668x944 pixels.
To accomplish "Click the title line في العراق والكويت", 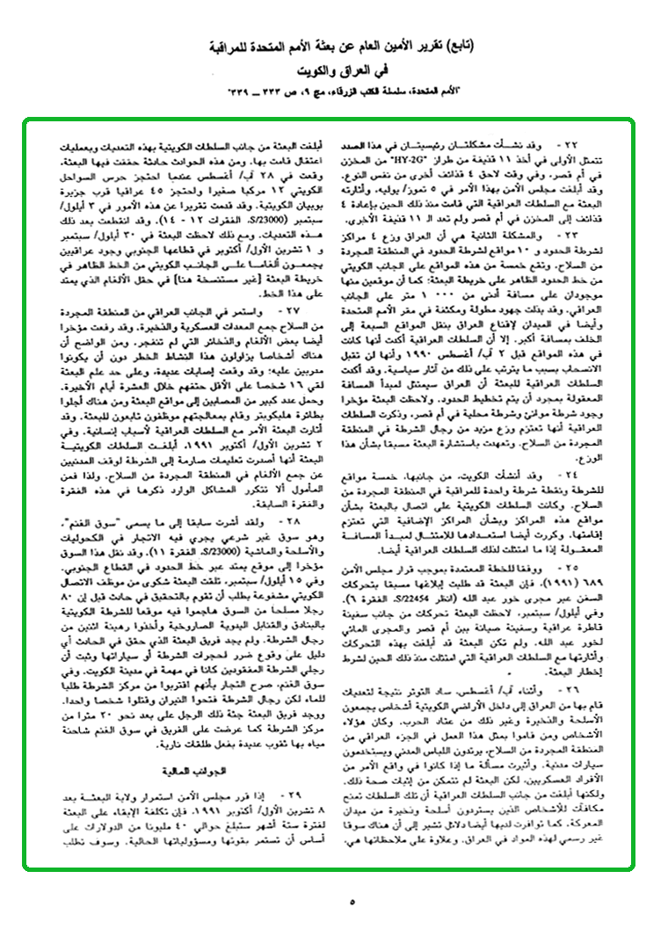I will click(x=333, y=69).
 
